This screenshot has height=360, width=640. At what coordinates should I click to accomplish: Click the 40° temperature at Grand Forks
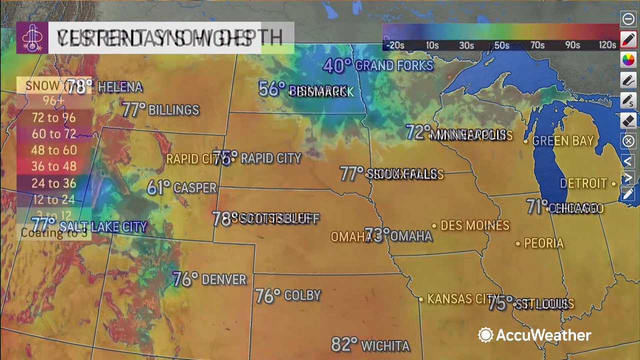click(x=337, y=65)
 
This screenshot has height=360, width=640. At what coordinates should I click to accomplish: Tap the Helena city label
click(x=120, y=87)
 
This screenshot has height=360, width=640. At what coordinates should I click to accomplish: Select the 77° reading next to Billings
click(x=133, y=109)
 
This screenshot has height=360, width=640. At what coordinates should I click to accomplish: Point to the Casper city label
click(x=194, y=188)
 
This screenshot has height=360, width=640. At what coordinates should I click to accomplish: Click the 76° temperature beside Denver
click(x=185, y=279)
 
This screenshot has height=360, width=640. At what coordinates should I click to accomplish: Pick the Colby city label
click(x=302, y=295)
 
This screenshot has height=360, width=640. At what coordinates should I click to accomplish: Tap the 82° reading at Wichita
click(x=344, y=344)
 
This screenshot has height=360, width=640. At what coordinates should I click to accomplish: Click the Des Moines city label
click(x=474, y=225)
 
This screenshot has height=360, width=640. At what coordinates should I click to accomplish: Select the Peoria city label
click(x=543, y=243)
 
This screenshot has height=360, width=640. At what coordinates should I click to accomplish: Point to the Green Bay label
click(x=562, y=141)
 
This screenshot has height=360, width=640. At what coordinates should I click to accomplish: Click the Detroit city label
click(x=583, y=183)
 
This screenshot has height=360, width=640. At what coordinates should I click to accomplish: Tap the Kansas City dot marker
click(x=421, y=299)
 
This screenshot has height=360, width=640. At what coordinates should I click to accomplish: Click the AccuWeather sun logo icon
click(x=485, y=335)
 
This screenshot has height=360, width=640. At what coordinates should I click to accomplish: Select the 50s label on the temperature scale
click(x=501, y=45)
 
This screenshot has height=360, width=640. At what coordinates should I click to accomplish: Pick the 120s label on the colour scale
click(x=607, y=45)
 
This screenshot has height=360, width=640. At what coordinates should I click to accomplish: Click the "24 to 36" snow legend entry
click(x=53, y=183)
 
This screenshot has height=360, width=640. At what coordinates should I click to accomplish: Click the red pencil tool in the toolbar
click(x=628, y=39)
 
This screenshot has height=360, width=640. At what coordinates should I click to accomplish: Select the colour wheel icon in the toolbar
click(x=628, y=60)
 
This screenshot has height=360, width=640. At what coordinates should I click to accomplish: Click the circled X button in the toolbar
click(x=628, y=141)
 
